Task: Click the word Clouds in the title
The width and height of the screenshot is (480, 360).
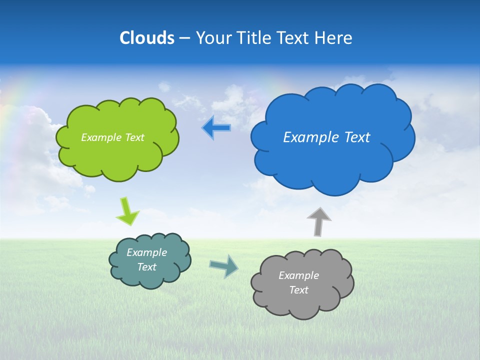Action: pos(147,38)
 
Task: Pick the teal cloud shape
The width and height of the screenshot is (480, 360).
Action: pos(150,277)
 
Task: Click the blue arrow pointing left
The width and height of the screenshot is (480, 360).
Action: pos(216,128)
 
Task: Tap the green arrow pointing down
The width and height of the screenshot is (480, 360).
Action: pos(127,211)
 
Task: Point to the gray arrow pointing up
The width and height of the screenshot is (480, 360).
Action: pos(318,221)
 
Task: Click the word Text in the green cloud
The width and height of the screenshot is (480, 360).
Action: pos(134,137)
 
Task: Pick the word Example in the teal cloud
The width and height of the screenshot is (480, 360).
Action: pos(146,252)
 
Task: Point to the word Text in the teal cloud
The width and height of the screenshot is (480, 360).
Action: pos(147,267)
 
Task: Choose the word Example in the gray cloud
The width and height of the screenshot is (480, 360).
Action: pos(298,275)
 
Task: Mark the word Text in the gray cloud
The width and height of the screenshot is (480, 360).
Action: pos(298,290)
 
